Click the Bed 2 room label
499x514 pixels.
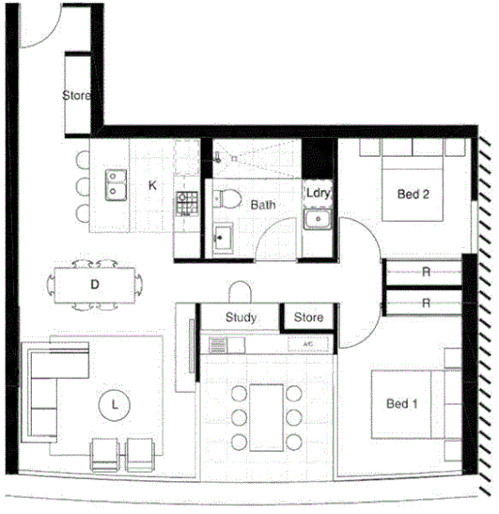point(413,195)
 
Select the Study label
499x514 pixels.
point(242,318)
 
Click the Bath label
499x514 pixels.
point(262,204)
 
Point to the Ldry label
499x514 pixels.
point(317,194)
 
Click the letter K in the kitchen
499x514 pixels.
point(152,185)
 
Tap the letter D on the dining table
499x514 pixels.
point(95,284)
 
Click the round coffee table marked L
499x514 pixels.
point(115,404)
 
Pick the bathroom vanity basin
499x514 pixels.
point(223,237)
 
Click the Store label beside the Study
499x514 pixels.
point(308,318)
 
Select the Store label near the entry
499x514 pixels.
point(77,96)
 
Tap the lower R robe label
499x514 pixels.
point(426,303)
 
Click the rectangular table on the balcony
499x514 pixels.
point(267,413)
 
